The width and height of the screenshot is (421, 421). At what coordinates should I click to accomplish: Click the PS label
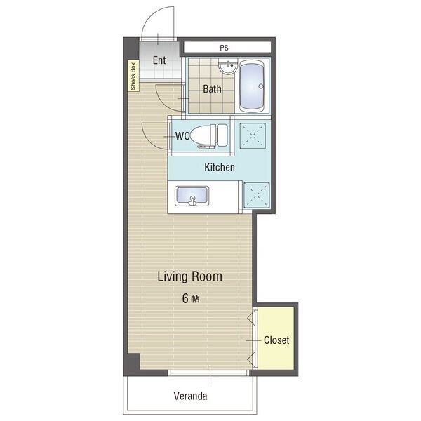(224, 48)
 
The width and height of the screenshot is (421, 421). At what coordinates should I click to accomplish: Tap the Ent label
(159, 60)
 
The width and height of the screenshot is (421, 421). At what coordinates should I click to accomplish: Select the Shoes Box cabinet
(133, 76)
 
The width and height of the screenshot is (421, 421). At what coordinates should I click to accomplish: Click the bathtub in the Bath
(252, 86)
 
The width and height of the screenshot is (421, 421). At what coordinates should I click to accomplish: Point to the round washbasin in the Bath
(228, 65)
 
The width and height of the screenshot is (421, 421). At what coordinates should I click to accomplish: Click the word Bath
(212, 89)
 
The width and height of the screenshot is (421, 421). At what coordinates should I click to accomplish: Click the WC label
(182, 136)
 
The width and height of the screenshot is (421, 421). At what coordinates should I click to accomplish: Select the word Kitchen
(220, 167)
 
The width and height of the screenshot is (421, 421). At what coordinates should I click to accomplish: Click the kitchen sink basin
(192, 196)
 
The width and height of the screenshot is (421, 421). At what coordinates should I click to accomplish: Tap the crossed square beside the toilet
(253, 135)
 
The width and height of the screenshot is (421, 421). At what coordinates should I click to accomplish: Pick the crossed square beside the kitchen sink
(256, 195)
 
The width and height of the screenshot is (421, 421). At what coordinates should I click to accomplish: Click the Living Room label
(189, 276)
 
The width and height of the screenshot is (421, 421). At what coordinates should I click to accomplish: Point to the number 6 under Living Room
(185, 298)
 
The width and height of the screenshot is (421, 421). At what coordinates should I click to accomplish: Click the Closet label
(276, 340)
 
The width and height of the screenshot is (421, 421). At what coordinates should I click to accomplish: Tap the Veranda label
(190, 396)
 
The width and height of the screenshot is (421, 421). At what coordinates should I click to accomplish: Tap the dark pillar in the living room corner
(133, 361)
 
